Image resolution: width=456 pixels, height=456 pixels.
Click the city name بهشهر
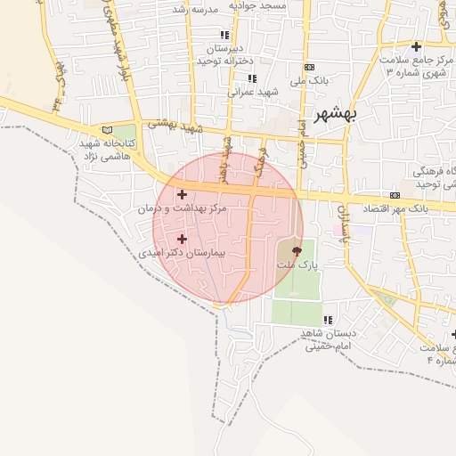click(x=350, y=116)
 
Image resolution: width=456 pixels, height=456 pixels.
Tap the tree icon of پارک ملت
click(x=297, y=252)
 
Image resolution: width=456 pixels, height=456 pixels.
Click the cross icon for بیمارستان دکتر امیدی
click(x=183, y=239)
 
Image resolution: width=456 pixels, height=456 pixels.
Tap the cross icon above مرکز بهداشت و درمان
click(x=183, y=194)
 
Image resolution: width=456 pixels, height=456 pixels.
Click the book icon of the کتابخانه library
click(x=108, y=130)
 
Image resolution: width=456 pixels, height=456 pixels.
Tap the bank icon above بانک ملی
click(x=309, y=67)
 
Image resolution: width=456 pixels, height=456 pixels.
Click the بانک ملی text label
click(x=314, y=80)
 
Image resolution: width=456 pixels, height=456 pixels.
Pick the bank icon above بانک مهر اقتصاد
click(x=395, y=196)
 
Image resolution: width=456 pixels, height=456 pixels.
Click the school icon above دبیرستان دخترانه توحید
click(x=224, y=35)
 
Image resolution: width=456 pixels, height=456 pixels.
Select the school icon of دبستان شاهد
click(x=328, y=320)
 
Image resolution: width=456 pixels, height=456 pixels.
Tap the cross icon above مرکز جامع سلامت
click(x=416, y=46)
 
